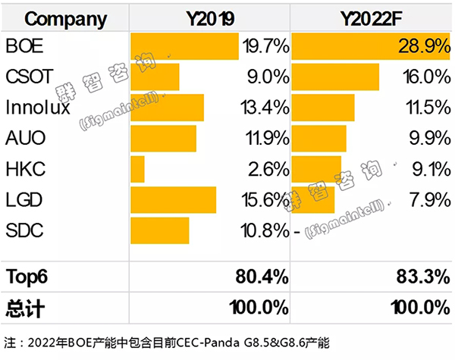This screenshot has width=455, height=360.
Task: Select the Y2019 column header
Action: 210,17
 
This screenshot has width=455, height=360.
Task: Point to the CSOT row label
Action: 28,77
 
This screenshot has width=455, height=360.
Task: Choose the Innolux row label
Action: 37,108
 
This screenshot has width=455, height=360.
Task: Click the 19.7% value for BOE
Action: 265,47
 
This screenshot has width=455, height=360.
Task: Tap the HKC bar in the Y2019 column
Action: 137,168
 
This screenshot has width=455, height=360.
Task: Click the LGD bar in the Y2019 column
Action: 173,199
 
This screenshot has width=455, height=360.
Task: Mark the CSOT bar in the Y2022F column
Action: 335,77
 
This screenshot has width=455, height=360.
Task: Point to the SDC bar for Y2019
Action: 159,229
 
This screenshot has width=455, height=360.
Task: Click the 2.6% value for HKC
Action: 269,168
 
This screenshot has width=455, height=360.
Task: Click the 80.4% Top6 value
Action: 262,277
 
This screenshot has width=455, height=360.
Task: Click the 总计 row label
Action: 23,307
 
